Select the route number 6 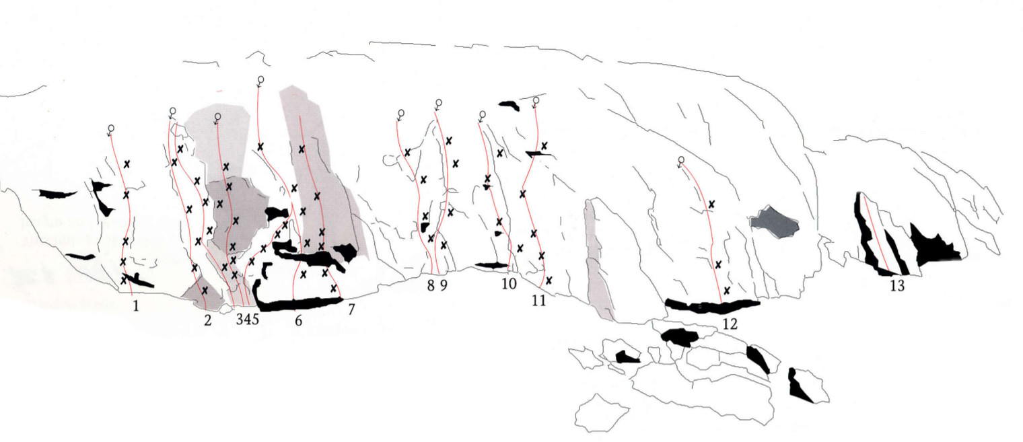click(x=298, y=321)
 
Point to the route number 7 click(x=350, y=310)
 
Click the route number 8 click(x=431, y=285)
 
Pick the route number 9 click(x=444, y=285)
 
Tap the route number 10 click(x=509, y=283)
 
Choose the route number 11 click(x=538, y=300)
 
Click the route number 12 click(x=730, y=324)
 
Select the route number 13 click(x=896, y=285)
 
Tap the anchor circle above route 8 click(x=400, y=112)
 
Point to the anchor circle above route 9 click(x=438, y=103)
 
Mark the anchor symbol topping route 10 click(x=482, y=114)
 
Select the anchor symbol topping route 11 click(x=536, y=101)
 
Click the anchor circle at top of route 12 click(x=680, y=160)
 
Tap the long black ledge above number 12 click(x=712, y=306)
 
